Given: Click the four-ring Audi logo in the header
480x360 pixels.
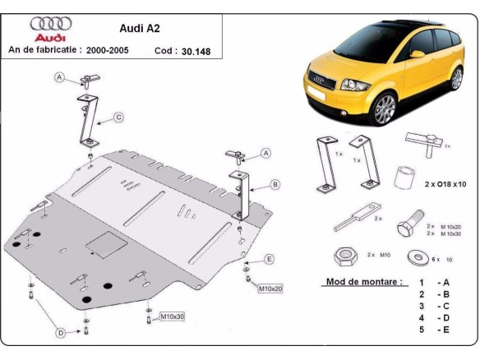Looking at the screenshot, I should (x=51, y=24).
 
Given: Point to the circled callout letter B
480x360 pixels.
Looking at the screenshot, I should (x=275, y=184).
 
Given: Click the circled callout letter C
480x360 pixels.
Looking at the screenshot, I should (x=118, y=118).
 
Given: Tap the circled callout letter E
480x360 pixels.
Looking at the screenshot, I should (x=268, y=260).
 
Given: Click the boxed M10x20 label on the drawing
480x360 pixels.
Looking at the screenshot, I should (x=270, y=288).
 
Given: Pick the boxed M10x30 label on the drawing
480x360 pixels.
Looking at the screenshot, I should (x=173, y=316).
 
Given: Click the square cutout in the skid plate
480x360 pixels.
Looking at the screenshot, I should (x=107, y=244).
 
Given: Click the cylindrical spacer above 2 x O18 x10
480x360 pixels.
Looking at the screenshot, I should (x=403, y=177).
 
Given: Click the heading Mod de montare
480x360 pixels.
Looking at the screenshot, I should (x=361, y=281).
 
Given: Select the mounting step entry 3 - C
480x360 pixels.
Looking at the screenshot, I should (x=435, y=306).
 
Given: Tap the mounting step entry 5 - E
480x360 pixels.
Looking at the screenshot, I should (x=435, y=330).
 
